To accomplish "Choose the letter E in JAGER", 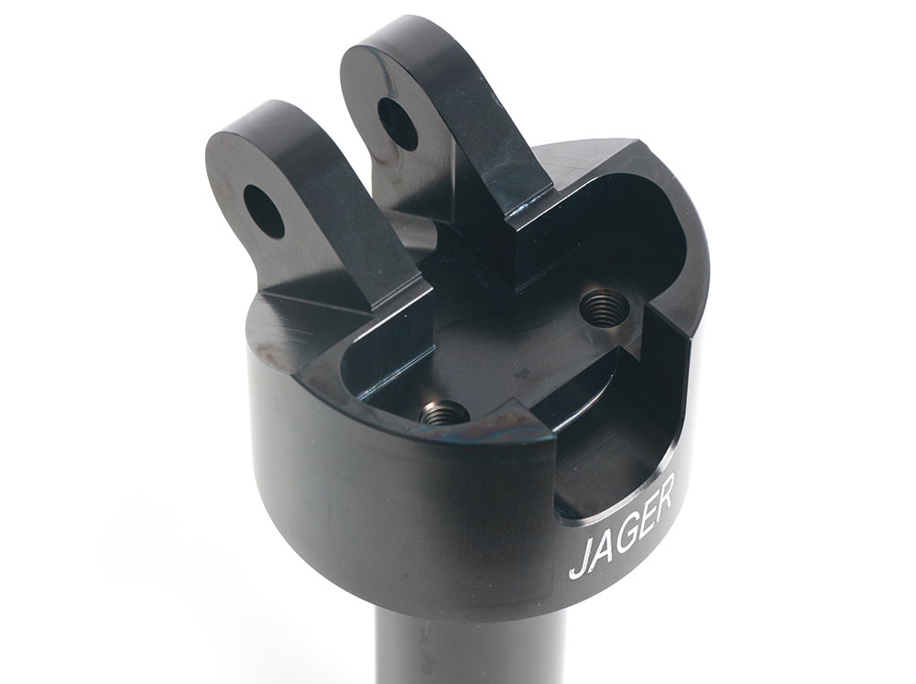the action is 649,518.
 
